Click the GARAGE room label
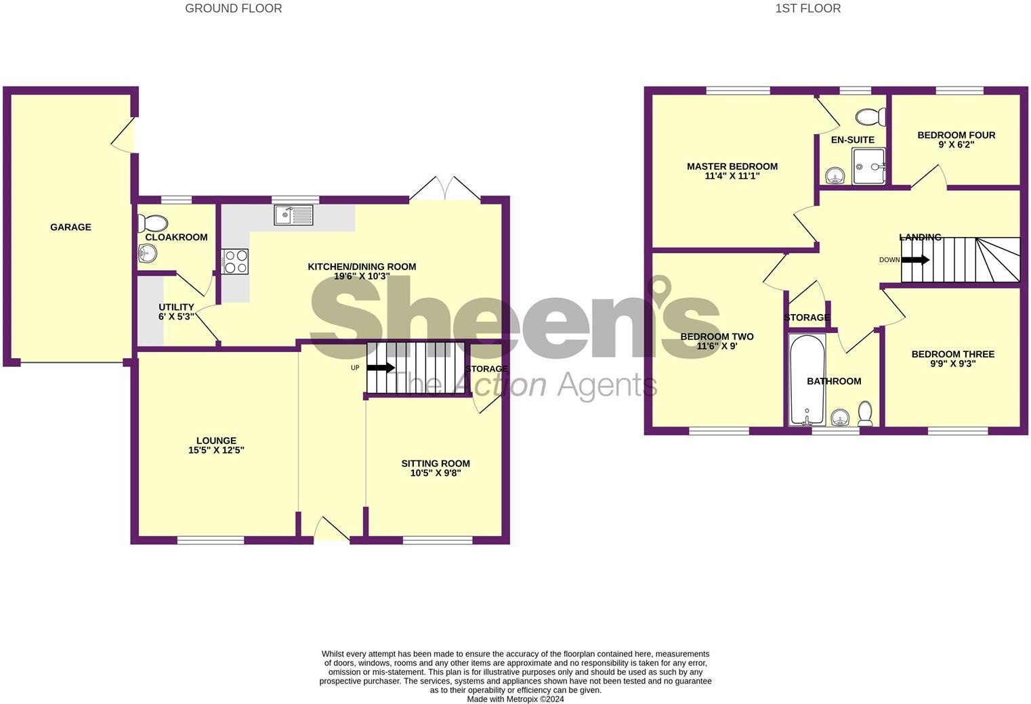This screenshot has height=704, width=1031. pyautogui.click(x=70, y=227)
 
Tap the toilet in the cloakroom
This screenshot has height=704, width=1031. pyautogui.click(x=152, y=223)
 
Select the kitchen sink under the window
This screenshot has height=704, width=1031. pyautogui.click(x=293, y=215)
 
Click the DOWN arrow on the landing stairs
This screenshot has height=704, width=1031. pyautogui.click(x=915, y=260)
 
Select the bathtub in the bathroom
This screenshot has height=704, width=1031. pyautogui.click(x=807, y=379)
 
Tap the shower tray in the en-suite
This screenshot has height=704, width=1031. pyautogui.click(x=868, y=167)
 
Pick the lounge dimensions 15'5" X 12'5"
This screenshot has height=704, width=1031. pyautogui.click(x=216, y=450)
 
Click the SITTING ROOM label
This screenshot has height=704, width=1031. pyautogui.click(x=435, y=464)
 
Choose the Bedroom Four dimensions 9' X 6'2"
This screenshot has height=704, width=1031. pyautogui.click(x=956, y=145)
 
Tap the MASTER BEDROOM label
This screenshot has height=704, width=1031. pyautogui.click(x=732, y=167)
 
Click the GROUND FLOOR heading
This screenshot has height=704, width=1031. pyautogui.click(x=234, y=9)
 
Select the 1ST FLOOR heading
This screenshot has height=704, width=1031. pyautogui.click(x=807, y=9)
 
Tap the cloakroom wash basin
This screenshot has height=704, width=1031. pyautogui.click(x=147, y=254)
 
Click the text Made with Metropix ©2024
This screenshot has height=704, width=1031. pyautogui.click(x=515, y=699)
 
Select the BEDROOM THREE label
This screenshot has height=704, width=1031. pyautogui.click(x=952, y=354)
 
